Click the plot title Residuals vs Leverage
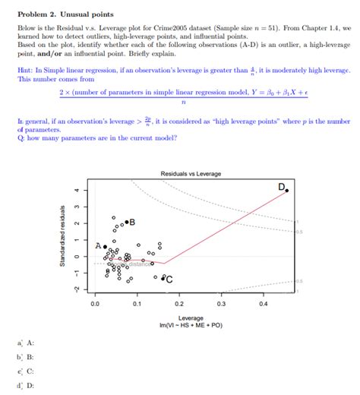190,174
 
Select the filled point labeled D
286,191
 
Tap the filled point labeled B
127,222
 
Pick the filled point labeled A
105,247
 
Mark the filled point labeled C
163,278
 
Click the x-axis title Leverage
190,318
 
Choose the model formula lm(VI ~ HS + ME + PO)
190,325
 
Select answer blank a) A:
26,343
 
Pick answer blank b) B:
26,357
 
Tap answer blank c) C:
26,371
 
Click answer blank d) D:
26,385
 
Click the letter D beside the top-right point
280,186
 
